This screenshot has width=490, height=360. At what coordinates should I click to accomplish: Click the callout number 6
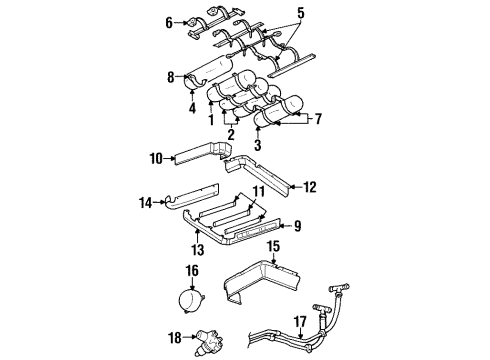(x=169, y=20)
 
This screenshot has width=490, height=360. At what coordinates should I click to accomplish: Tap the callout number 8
(x=170, y=76)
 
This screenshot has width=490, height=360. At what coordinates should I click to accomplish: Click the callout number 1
(x=211, y=121)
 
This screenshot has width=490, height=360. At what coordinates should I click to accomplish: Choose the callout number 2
(x=231, y=133)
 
